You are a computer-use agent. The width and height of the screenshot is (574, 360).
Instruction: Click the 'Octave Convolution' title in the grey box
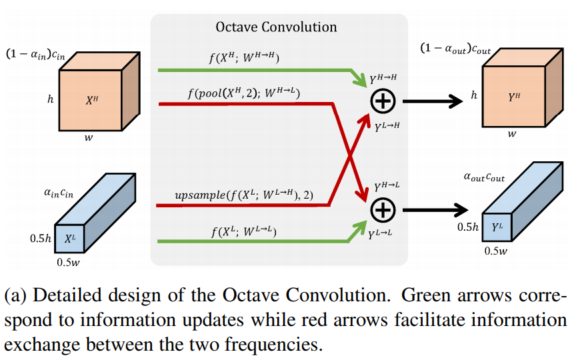(x=276, y=27)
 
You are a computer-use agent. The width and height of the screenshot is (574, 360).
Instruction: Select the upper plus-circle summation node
(x=383, y=101)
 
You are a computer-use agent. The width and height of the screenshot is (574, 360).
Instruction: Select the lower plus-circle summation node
(x=383, y=211)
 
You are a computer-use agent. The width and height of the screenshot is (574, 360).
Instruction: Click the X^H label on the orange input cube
(x=92, y=101)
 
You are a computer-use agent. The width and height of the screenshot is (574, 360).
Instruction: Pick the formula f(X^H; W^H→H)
(x=245, y=58)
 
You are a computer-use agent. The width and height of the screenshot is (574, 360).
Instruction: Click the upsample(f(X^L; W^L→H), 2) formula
(x=244, y=195)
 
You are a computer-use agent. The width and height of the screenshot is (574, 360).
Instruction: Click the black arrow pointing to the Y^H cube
(x=433, y=101)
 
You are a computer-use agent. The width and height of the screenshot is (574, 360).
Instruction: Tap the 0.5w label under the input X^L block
(x=70, y=261)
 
